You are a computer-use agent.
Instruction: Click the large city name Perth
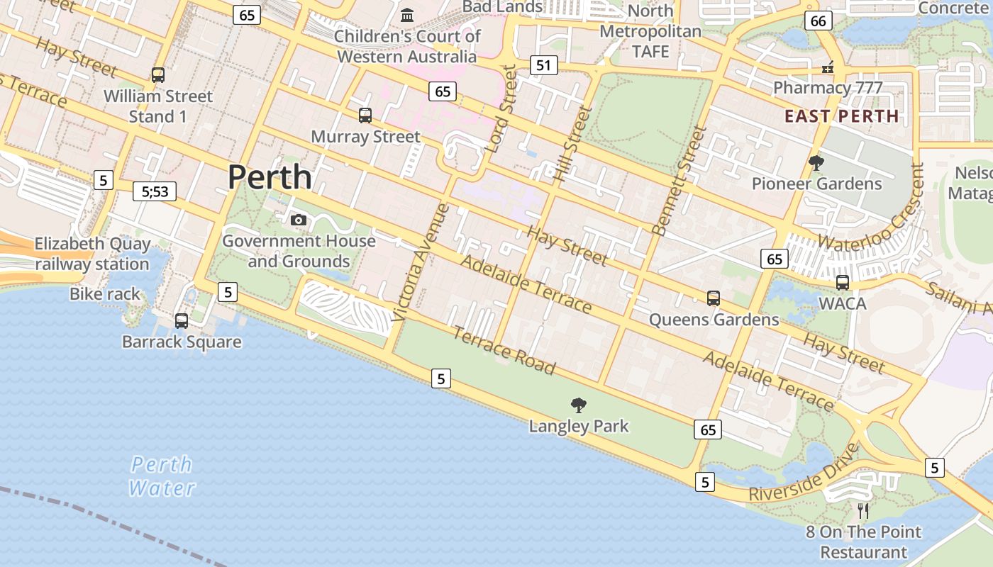tap(270, 176)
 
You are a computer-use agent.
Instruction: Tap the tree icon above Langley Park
tap(579, 405)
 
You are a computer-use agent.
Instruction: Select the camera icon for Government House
tap(299, 220)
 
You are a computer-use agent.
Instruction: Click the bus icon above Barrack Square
tap(182, 321)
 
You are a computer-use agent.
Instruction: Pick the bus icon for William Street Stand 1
tap(158, 74)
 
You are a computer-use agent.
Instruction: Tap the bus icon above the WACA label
tap(842, 282)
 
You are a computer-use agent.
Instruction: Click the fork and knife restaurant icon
tap(863, 510)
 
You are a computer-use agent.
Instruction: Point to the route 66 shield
tap(818, 21)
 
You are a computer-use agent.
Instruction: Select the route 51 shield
tap(543, 66)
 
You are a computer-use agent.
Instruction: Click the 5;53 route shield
tap(155, 191)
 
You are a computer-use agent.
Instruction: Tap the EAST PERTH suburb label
tap(841, 116)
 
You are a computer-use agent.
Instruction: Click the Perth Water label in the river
tap(162, 476)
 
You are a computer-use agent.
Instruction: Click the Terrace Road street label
tap(504, 349)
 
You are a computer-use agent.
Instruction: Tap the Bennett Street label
tap(679, 181)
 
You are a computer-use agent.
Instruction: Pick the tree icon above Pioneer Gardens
tap(816, 163)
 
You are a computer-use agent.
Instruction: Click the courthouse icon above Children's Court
tap(407, 15)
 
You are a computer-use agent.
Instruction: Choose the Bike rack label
tap(105, 294)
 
